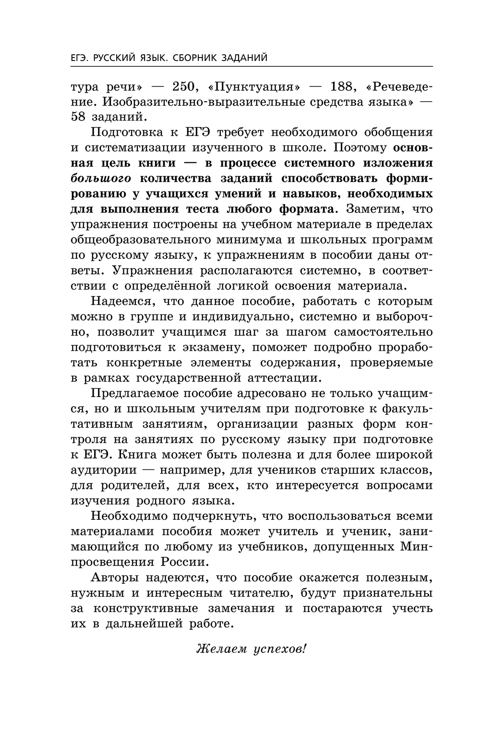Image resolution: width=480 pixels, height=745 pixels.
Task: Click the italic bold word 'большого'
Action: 101,179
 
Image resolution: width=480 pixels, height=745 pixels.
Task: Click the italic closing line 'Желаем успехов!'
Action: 251,649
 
